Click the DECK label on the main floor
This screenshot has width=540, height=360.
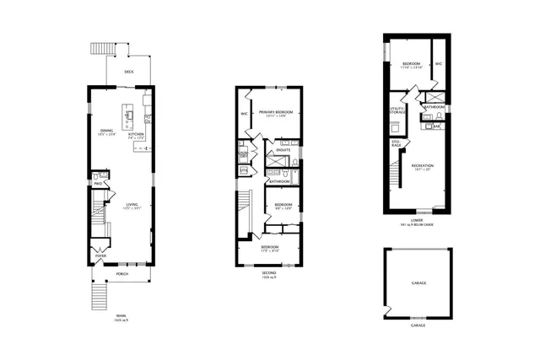pyautogui.click(x=129, y=72)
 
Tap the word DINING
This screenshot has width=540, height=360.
pyautogui.click(x=107, y=131)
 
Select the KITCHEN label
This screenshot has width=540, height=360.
pyautogui.click(x=135, y=134)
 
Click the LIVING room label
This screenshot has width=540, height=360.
pyautogui.click(x=132, y=204)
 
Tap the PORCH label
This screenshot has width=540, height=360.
pyautogui.click(x=122, y=274)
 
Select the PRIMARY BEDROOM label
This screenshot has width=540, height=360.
pyautogui.click(x=276, y=112)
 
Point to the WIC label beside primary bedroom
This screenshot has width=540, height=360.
pyautogui.click(x=244, y=112)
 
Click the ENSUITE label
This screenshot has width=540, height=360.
pyautogui.click(x=283, y=150)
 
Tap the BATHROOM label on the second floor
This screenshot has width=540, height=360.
pyautogui.click(x=279, y=181)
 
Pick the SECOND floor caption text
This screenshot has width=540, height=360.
pyautogui.click(x=270, y=273)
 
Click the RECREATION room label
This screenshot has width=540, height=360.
pyautogui.click(x=422, y=165)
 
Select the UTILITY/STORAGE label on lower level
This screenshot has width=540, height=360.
pyautogui.click(x=397, y=110)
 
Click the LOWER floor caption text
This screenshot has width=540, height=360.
pyautogui.click(x=417, y=222)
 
